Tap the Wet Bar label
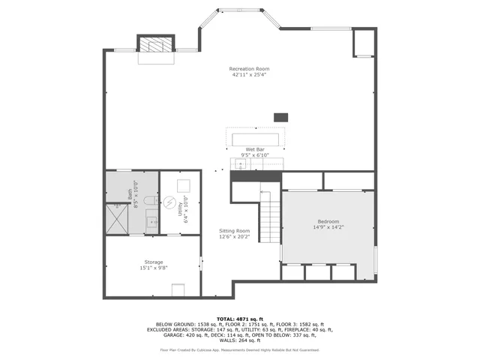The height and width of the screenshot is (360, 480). tap(255, 150)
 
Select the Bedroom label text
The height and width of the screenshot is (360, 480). tap(328, 221)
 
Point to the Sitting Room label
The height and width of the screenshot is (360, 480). tap(234, 230)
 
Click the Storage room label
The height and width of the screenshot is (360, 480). tap(153, 262)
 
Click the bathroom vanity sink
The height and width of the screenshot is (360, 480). tap(151, 221)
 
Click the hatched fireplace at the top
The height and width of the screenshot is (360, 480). tap(155, 45)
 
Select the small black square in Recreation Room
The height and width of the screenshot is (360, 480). tap(280, 117)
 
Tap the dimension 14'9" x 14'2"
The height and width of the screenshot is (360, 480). tap(328, 227)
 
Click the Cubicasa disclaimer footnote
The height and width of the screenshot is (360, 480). tap(239, 349)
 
